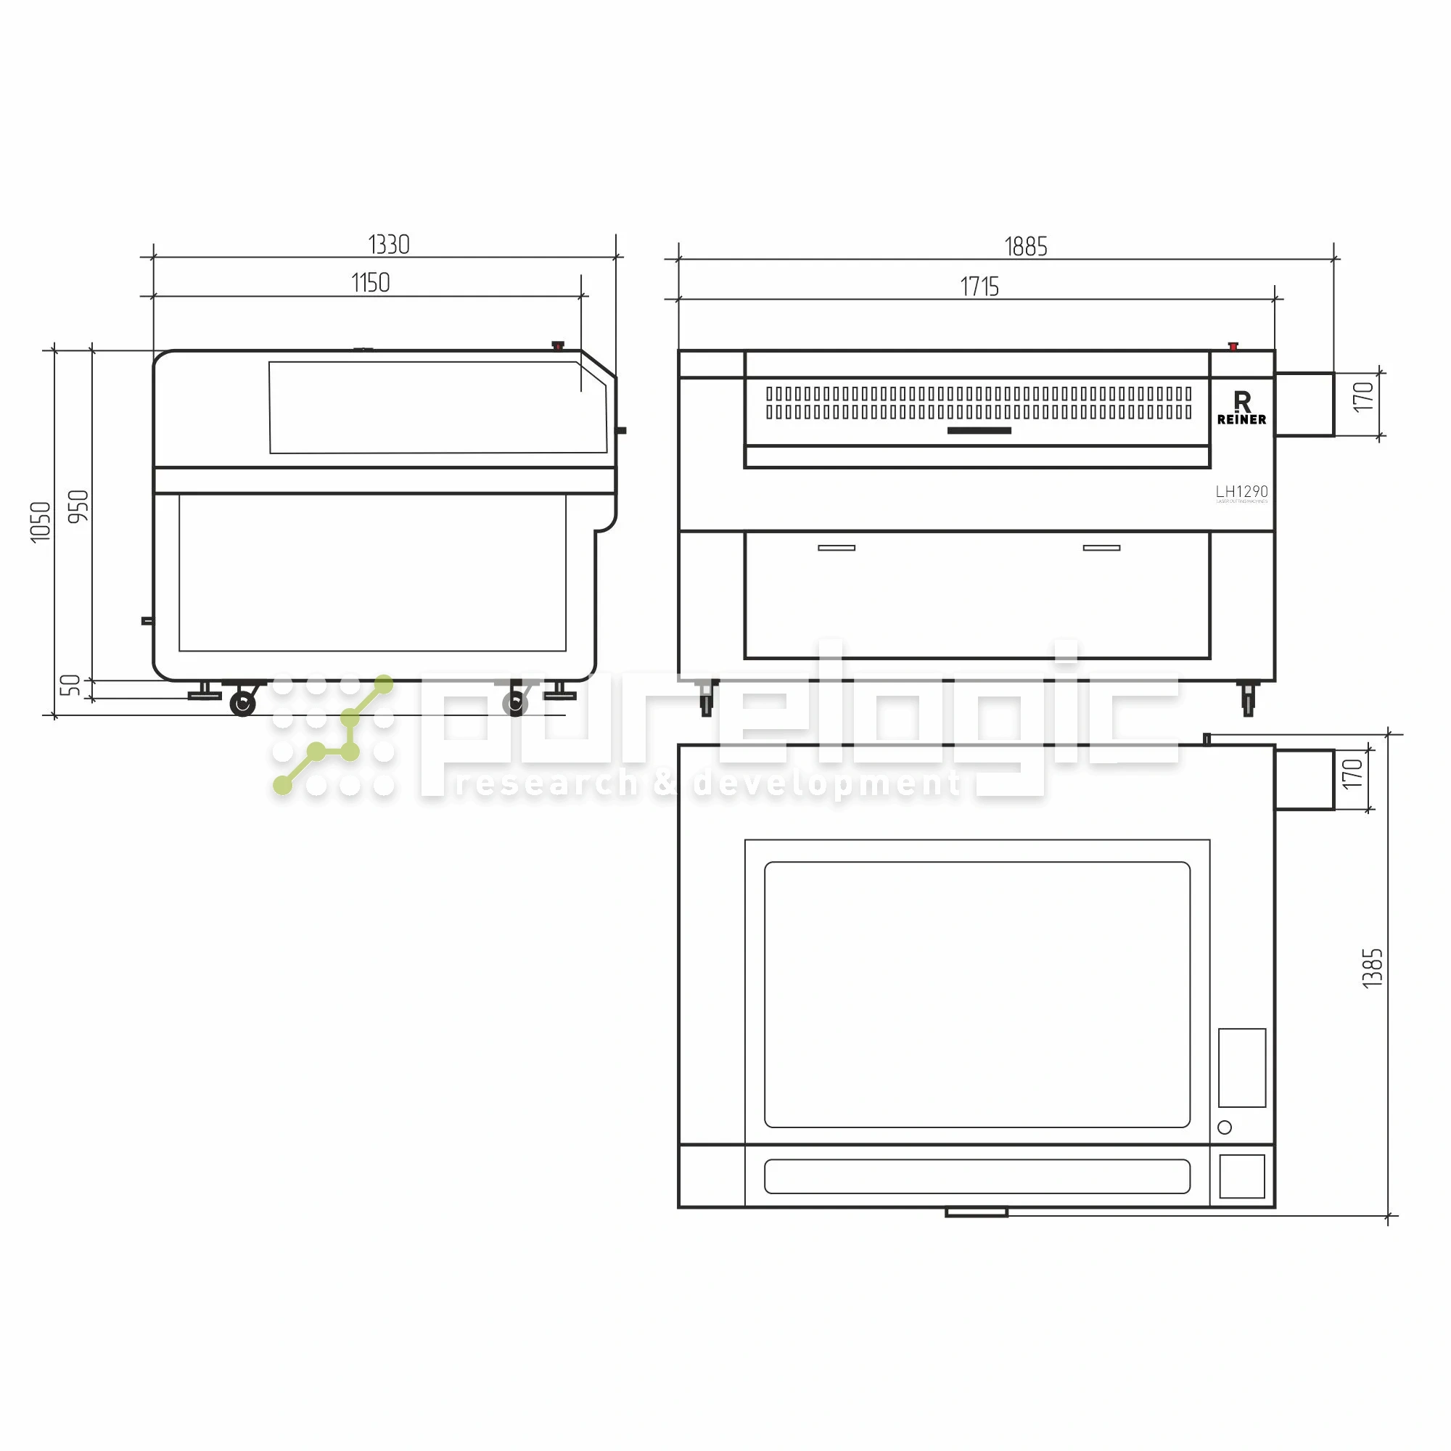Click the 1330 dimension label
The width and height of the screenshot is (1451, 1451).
click(388, 244)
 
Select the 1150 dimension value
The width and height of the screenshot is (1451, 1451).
click(370, 283)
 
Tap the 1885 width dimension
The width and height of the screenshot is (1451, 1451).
click(1025, 247)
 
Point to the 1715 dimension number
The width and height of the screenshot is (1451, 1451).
click(979, 287)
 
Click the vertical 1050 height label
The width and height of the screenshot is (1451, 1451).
click(41, 521)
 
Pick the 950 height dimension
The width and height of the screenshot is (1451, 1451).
click(78, 506)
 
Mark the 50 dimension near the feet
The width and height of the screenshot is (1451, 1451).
click(70, 685)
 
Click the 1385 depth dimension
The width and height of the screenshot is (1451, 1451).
click(1372, 968)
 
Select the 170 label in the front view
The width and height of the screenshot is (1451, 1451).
click(1363, 397)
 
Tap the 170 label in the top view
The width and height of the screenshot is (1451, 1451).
click(1352, 773)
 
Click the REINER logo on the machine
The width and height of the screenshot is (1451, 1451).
click(1241, 408)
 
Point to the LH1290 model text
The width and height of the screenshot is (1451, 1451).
click(1241, 491)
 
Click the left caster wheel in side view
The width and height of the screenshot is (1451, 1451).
click(242, 704)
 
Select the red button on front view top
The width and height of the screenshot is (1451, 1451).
click(1233, 346)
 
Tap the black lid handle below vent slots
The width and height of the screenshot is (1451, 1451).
click(979, 430)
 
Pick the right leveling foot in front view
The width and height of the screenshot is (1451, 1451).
click(1247, 699)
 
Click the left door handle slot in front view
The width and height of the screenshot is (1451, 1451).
click(836, 548)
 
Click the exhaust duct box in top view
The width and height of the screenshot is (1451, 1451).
click(1304, 780)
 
